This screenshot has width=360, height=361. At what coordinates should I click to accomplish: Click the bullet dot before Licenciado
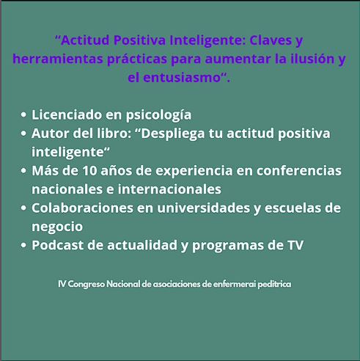pyautogui.click(x=25, y=115)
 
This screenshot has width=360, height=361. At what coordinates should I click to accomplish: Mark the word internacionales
pyautogui.click(x=164, y=189)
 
